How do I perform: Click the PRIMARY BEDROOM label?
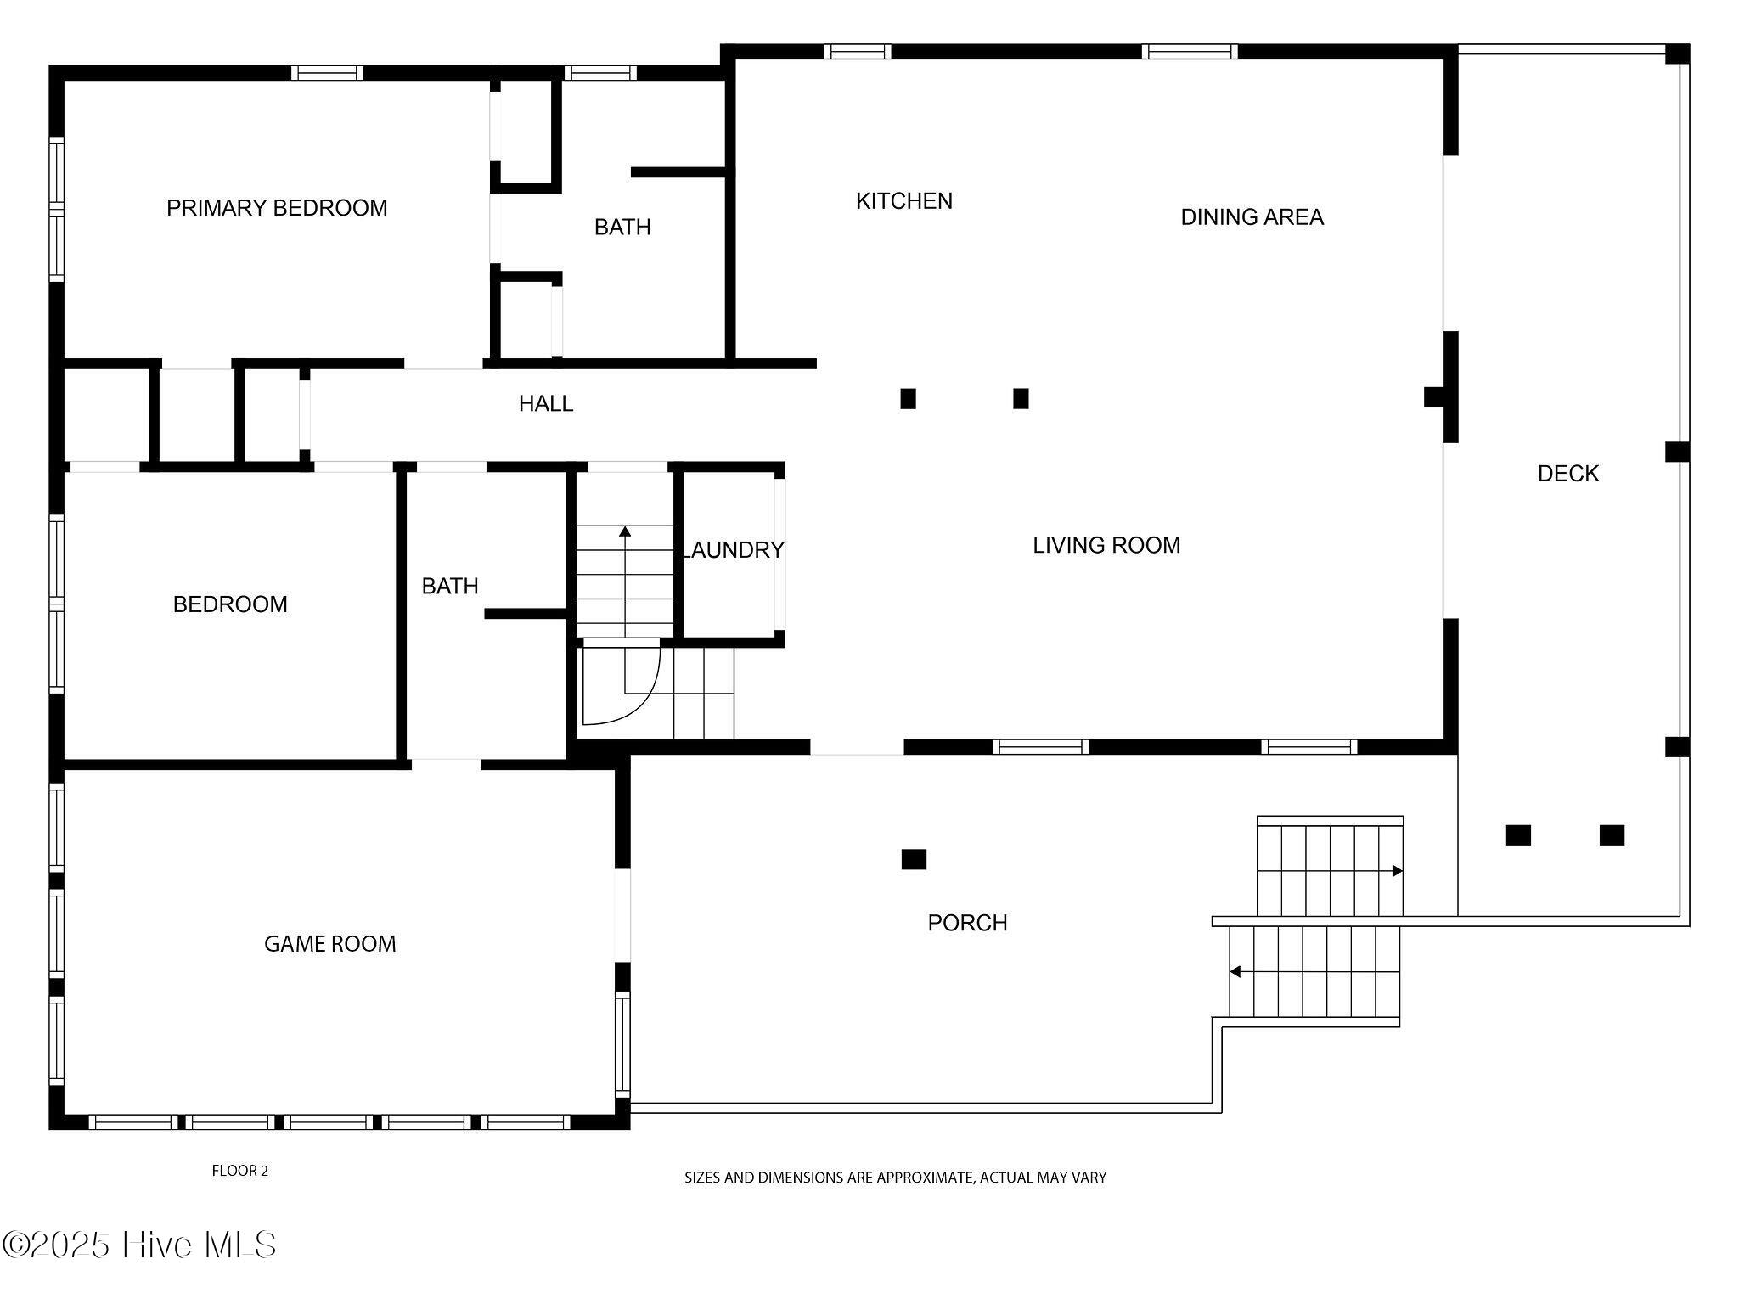[x=277, y=208]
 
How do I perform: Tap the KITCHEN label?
[x=903, y=201]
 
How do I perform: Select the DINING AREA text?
[x=1252, y=217]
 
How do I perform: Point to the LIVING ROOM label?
[x=1106, y=545]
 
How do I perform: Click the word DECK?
[x=1567, y=474]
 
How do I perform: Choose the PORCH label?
[x=967, y=923]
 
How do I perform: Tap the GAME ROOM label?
[x=329, y=944]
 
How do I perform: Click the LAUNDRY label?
[x=734, y=550]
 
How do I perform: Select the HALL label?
[x=546, y=404]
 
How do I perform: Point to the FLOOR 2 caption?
[x=239, y=1171]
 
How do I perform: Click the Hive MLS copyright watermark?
[x=140, y=1245]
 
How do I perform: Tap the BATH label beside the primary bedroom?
[x=622, y=228]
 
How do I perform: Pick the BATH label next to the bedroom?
[x=450, y=586]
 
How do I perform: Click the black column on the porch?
[x=914, y=859]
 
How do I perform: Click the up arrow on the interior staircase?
[x=625, y=532]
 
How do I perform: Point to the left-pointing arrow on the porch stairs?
[x=1235, y=971]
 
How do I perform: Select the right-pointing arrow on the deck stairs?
[x=1397, y=871]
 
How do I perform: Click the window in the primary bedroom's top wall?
[x=327, y=73]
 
